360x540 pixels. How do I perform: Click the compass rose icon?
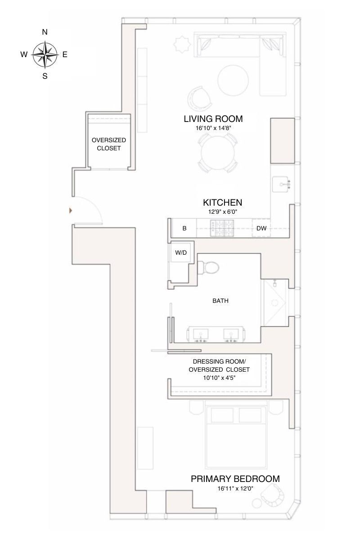[x=45, y=54]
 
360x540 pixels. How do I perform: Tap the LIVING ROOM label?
[x=213, y=119]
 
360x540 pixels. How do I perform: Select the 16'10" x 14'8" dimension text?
[x=213, y=128]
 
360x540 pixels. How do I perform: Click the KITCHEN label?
[x=222, y=202]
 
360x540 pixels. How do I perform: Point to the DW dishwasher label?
[x=261, y=229]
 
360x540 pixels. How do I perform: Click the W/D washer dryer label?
[x=181, y=253]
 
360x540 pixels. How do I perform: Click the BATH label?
[x=220, y=301]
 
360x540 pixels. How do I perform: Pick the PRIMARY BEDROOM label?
[x=235, y=479]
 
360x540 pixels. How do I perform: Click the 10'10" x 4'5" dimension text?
[x=219, y=378]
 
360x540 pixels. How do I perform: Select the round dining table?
[x=218, y=153]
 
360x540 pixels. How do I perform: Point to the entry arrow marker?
[x=70, y=210]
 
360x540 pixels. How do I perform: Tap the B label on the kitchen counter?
[x=184, y=229]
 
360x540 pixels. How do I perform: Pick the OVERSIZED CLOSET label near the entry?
[x=108, y=144]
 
